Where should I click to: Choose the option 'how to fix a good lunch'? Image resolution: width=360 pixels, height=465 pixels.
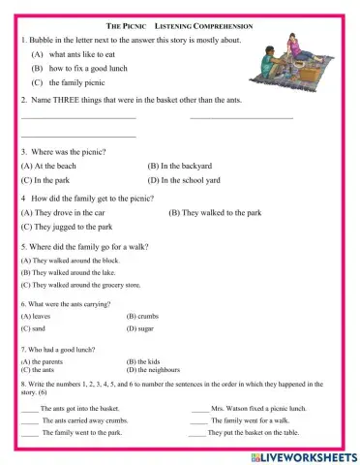(89, 70)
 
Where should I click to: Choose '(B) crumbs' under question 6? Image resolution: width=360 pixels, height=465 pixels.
(142, 316)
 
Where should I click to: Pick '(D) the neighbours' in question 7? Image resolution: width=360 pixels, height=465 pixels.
(154, 370)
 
